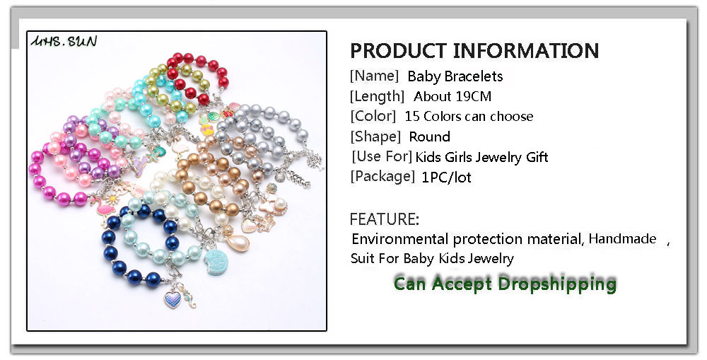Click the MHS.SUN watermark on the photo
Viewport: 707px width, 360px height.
64,42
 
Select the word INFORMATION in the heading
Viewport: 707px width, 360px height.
526,50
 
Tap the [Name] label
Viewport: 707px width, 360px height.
374,76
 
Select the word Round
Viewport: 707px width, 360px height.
429,137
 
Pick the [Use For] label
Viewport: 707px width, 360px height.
382,156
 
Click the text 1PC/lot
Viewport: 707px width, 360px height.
446,178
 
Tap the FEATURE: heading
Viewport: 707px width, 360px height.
384,219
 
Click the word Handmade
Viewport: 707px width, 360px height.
622,238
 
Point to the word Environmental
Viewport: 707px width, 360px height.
400,238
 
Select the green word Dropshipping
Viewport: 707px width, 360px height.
557,284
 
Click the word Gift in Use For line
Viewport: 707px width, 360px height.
537,157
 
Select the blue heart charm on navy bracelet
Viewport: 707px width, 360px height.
173,300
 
